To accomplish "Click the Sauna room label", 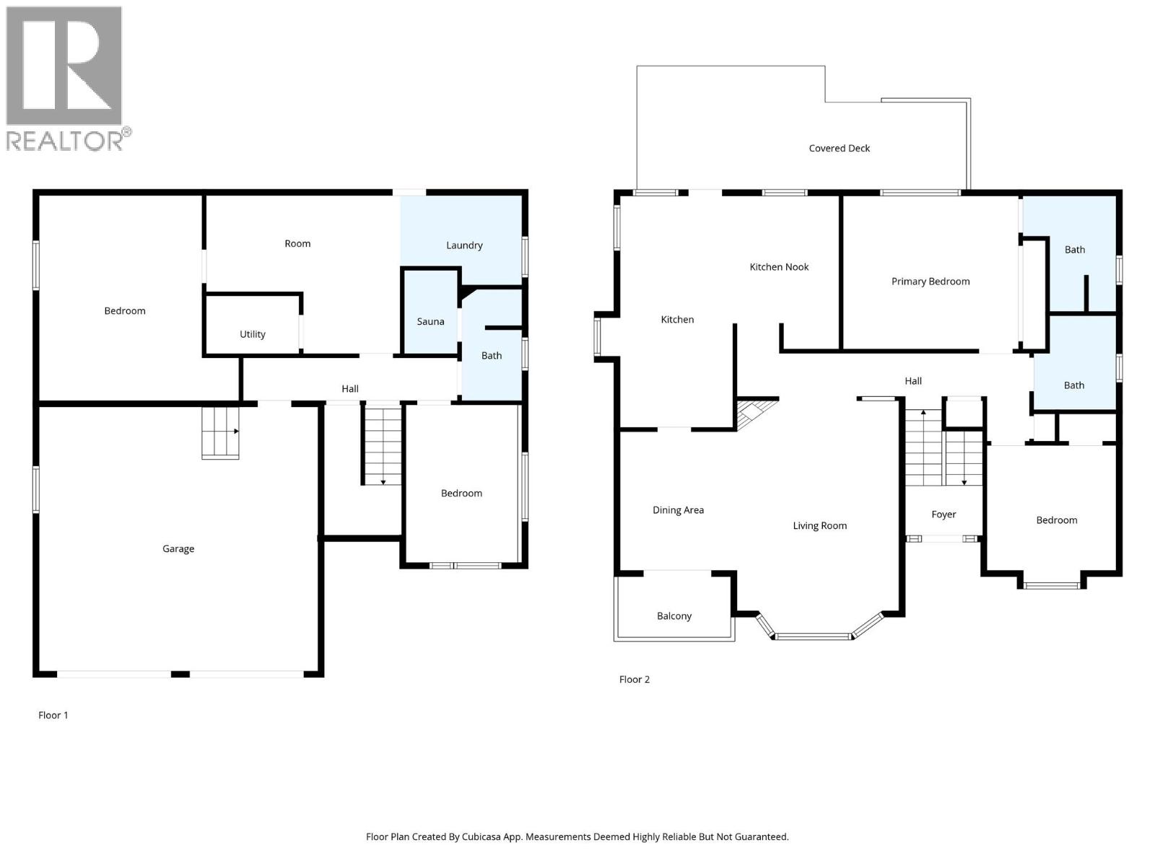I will tap(430, 322).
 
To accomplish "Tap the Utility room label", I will tap(253, 334).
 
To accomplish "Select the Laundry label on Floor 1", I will tap(464, 245).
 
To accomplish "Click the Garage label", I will tap(178, 549).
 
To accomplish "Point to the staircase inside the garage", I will tap(220, 432).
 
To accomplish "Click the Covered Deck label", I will tap(839, 149).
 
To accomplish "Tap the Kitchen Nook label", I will tap(779, 267).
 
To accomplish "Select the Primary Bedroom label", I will tap(930, 281).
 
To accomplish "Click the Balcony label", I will tap(674, 616).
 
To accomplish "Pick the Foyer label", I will tap(943, 515).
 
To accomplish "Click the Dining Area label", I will tap(678, 510).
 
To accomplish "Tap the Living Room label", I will tap(819, 526).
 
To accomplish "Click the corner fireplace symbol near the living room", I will tap(752, 414).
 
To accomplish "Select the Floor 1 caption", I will tap(53, 715).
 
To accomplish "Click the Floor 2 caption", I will tap(635, 680).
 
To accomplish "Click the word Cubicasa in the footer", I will tap(498, 837).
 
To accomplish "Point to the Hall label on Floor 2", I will tap(913, 381).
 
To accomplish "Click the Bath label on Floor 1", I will tap(492, 356).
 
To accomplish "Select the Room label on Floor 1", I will tap(297, 244).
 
